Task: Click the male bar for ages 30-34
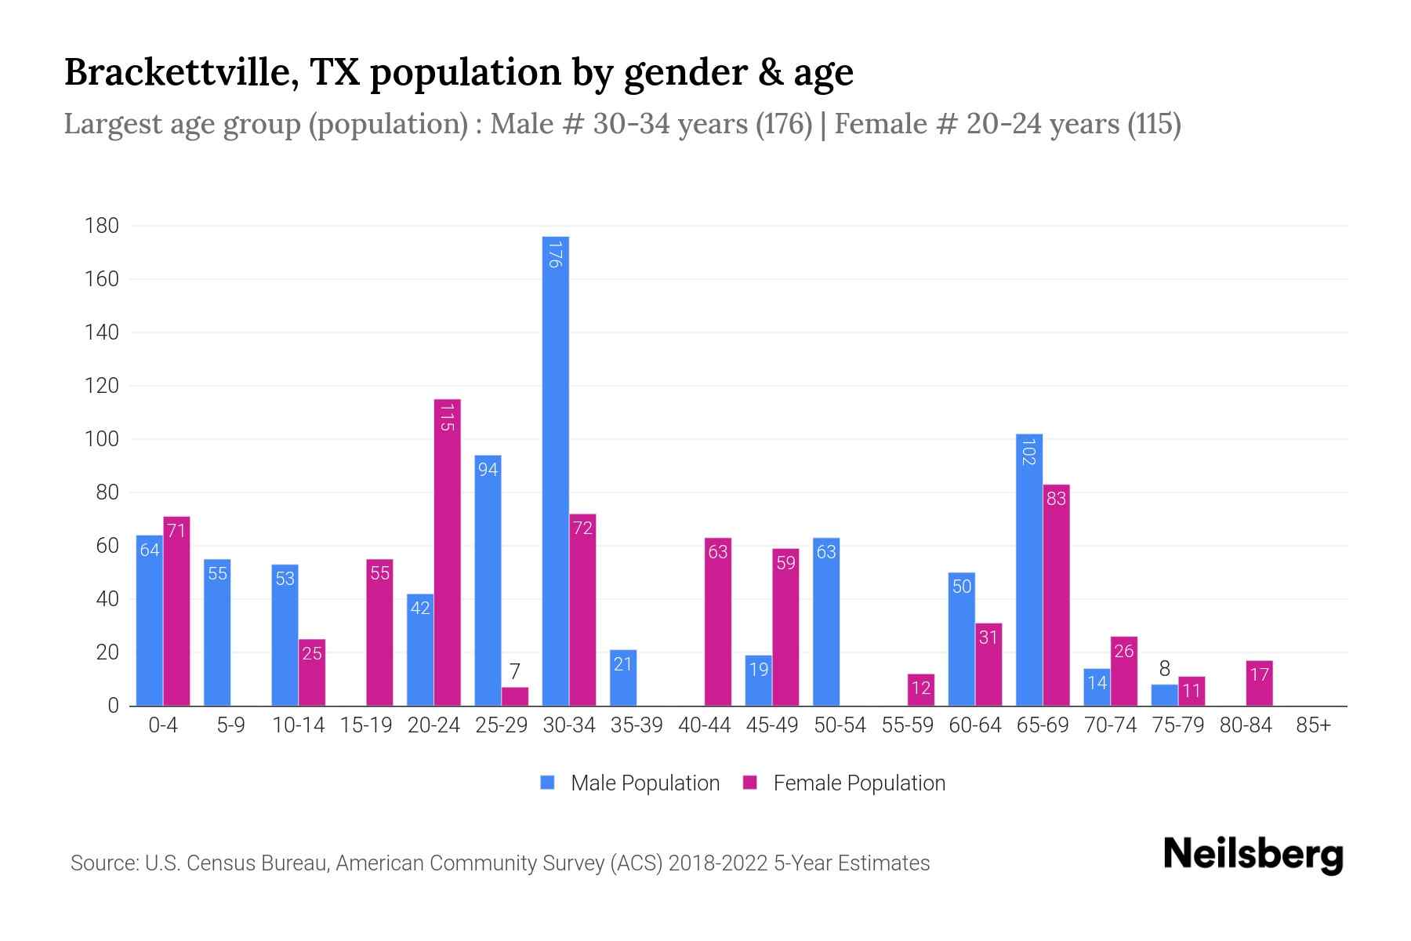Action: [555, 470]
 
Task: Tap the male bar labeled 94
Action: [488, 580]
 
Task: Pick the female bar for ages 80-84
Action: [1259, 684]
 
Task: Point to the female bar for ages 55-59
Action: [921, 690]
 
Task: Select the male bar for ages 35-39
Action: [623, 678]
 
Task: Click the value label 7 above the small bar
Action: [514, 671]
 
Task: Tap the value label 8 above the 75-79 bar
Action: [1164, 668]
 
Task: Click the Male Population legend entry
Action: [630, 783]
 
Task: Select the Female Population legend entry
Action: [844, 783]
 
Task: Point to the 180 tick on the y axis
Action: [102, 226]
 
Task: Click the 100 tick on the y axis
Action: [102, 439]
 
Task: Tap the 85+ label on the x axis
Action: [1313, 725]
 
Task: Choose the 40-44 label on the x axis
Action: [704, 725]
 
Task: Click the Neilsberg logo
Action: [1253, 854]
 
